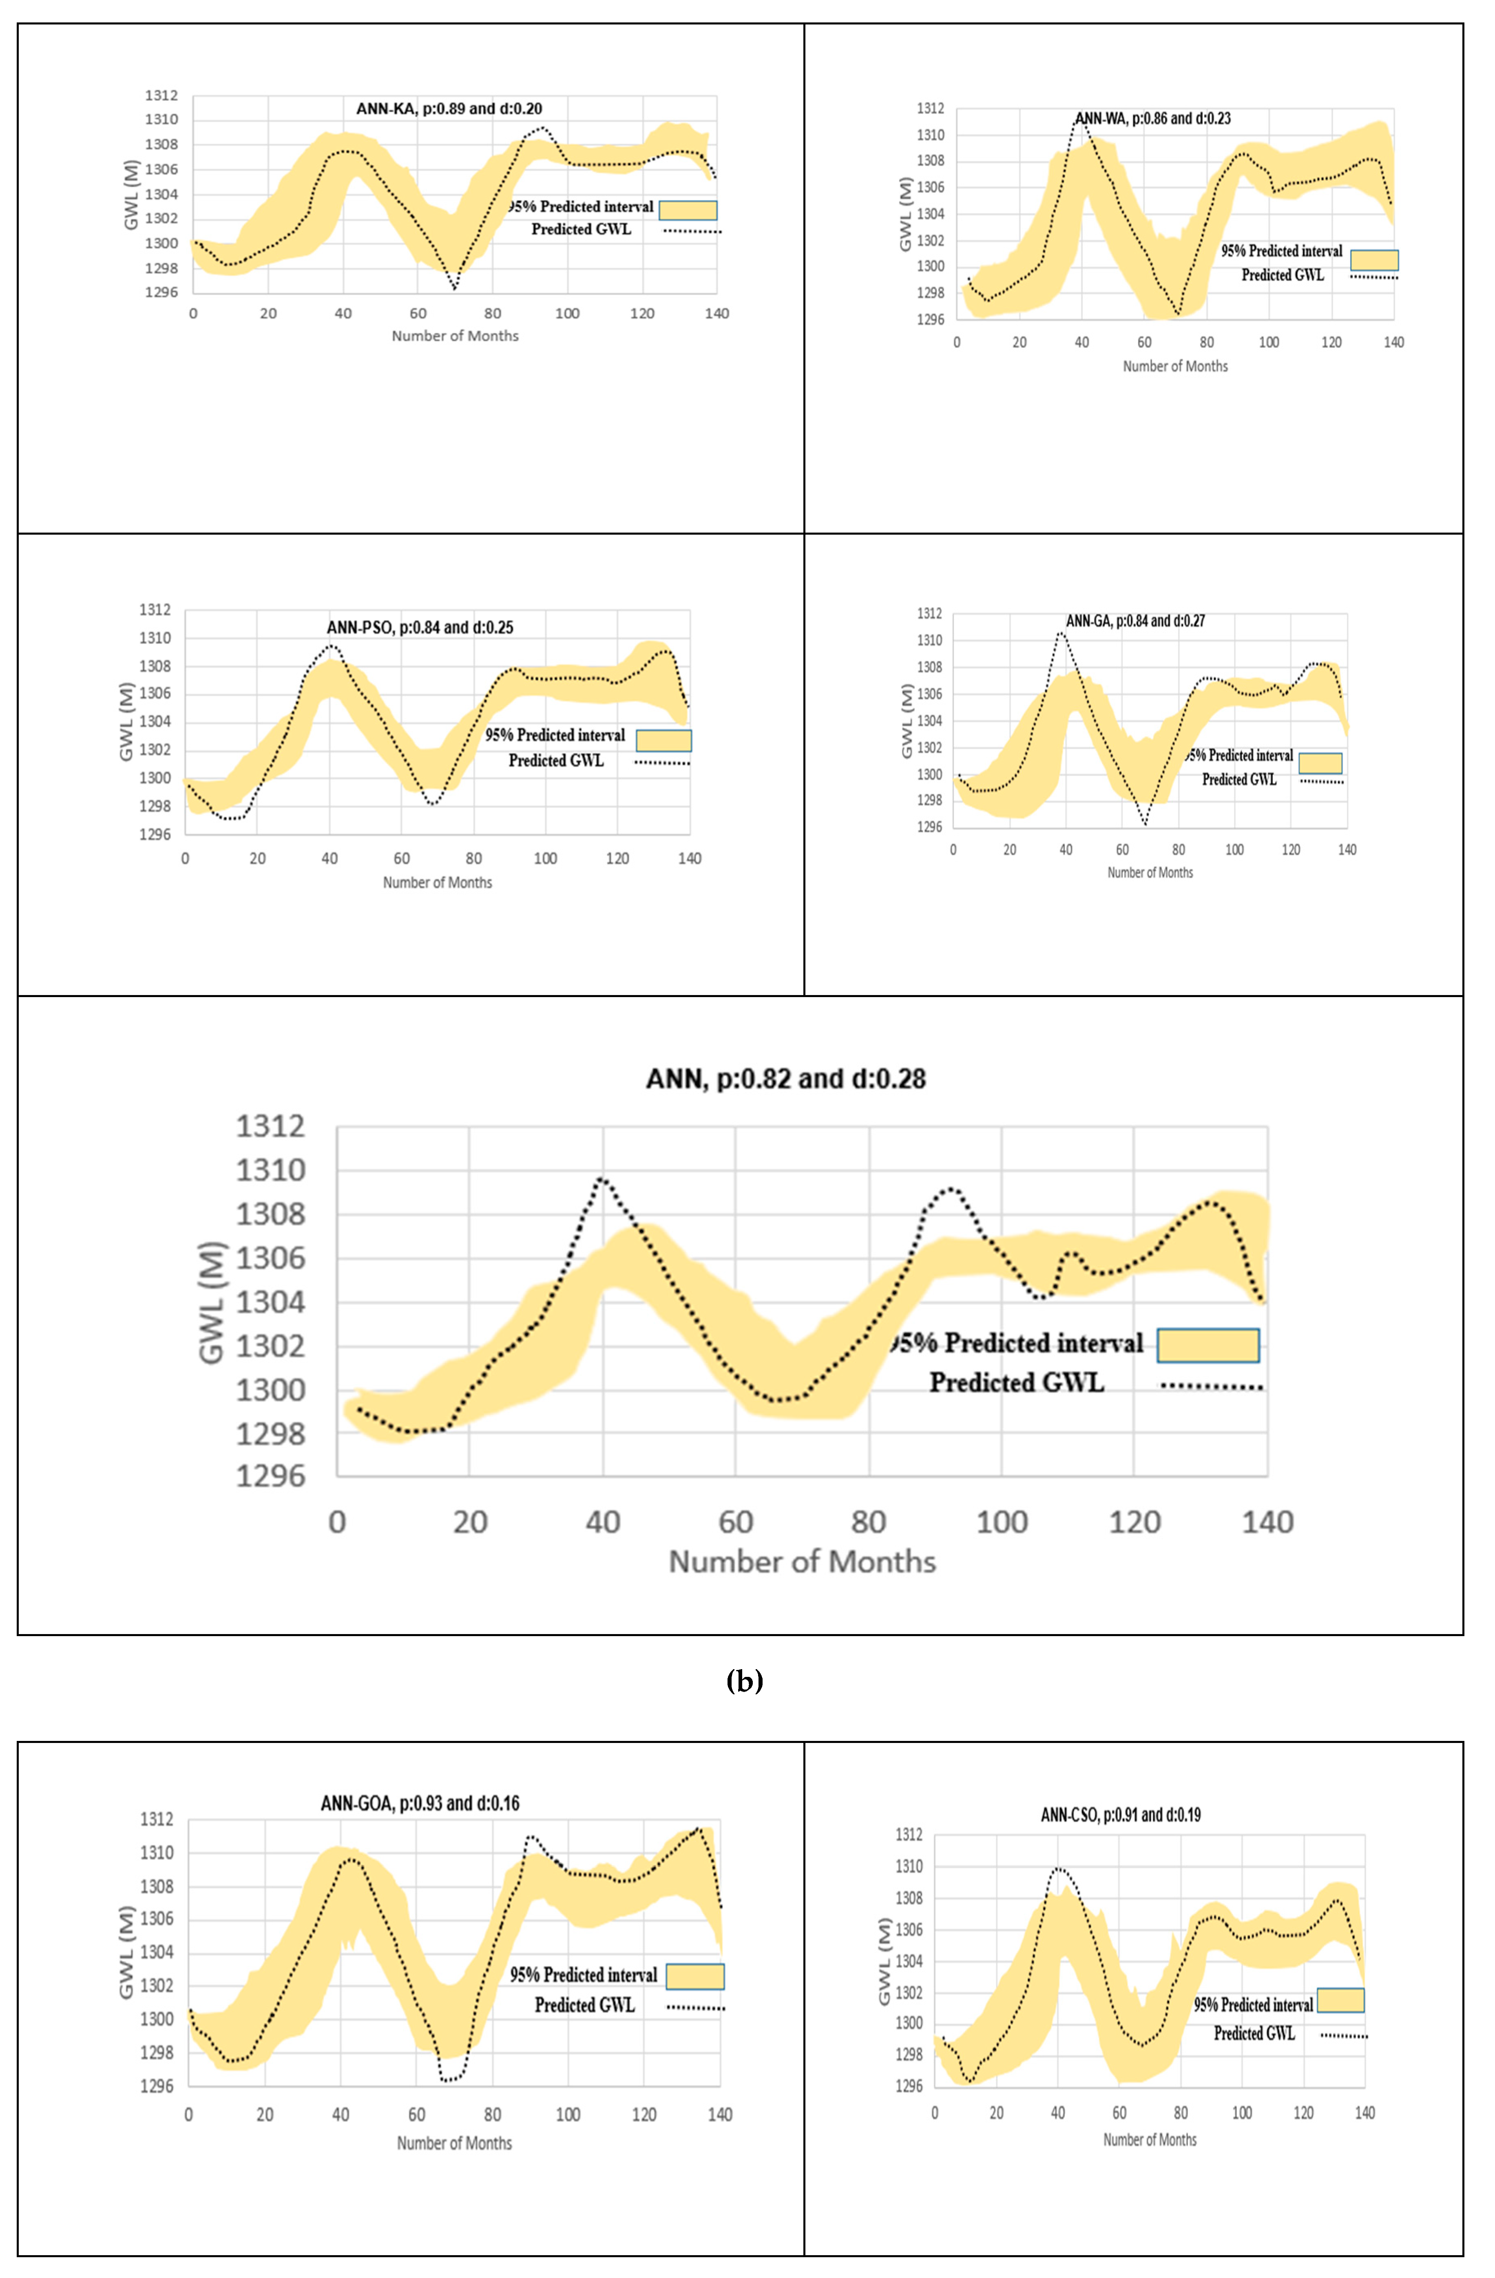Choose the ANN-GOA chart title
click(x=420, y=1803)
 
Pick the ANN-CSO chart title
click(x=1121, y=1815)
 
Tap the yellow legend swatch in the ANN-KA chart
click(x=688, y=210)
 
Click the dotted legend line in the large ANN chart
click(x=1212, y=1387)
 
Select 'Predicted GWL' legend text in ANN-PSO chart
click(x=556, y=761)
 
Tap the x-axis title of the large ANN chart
click(x=802, y=1562)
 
